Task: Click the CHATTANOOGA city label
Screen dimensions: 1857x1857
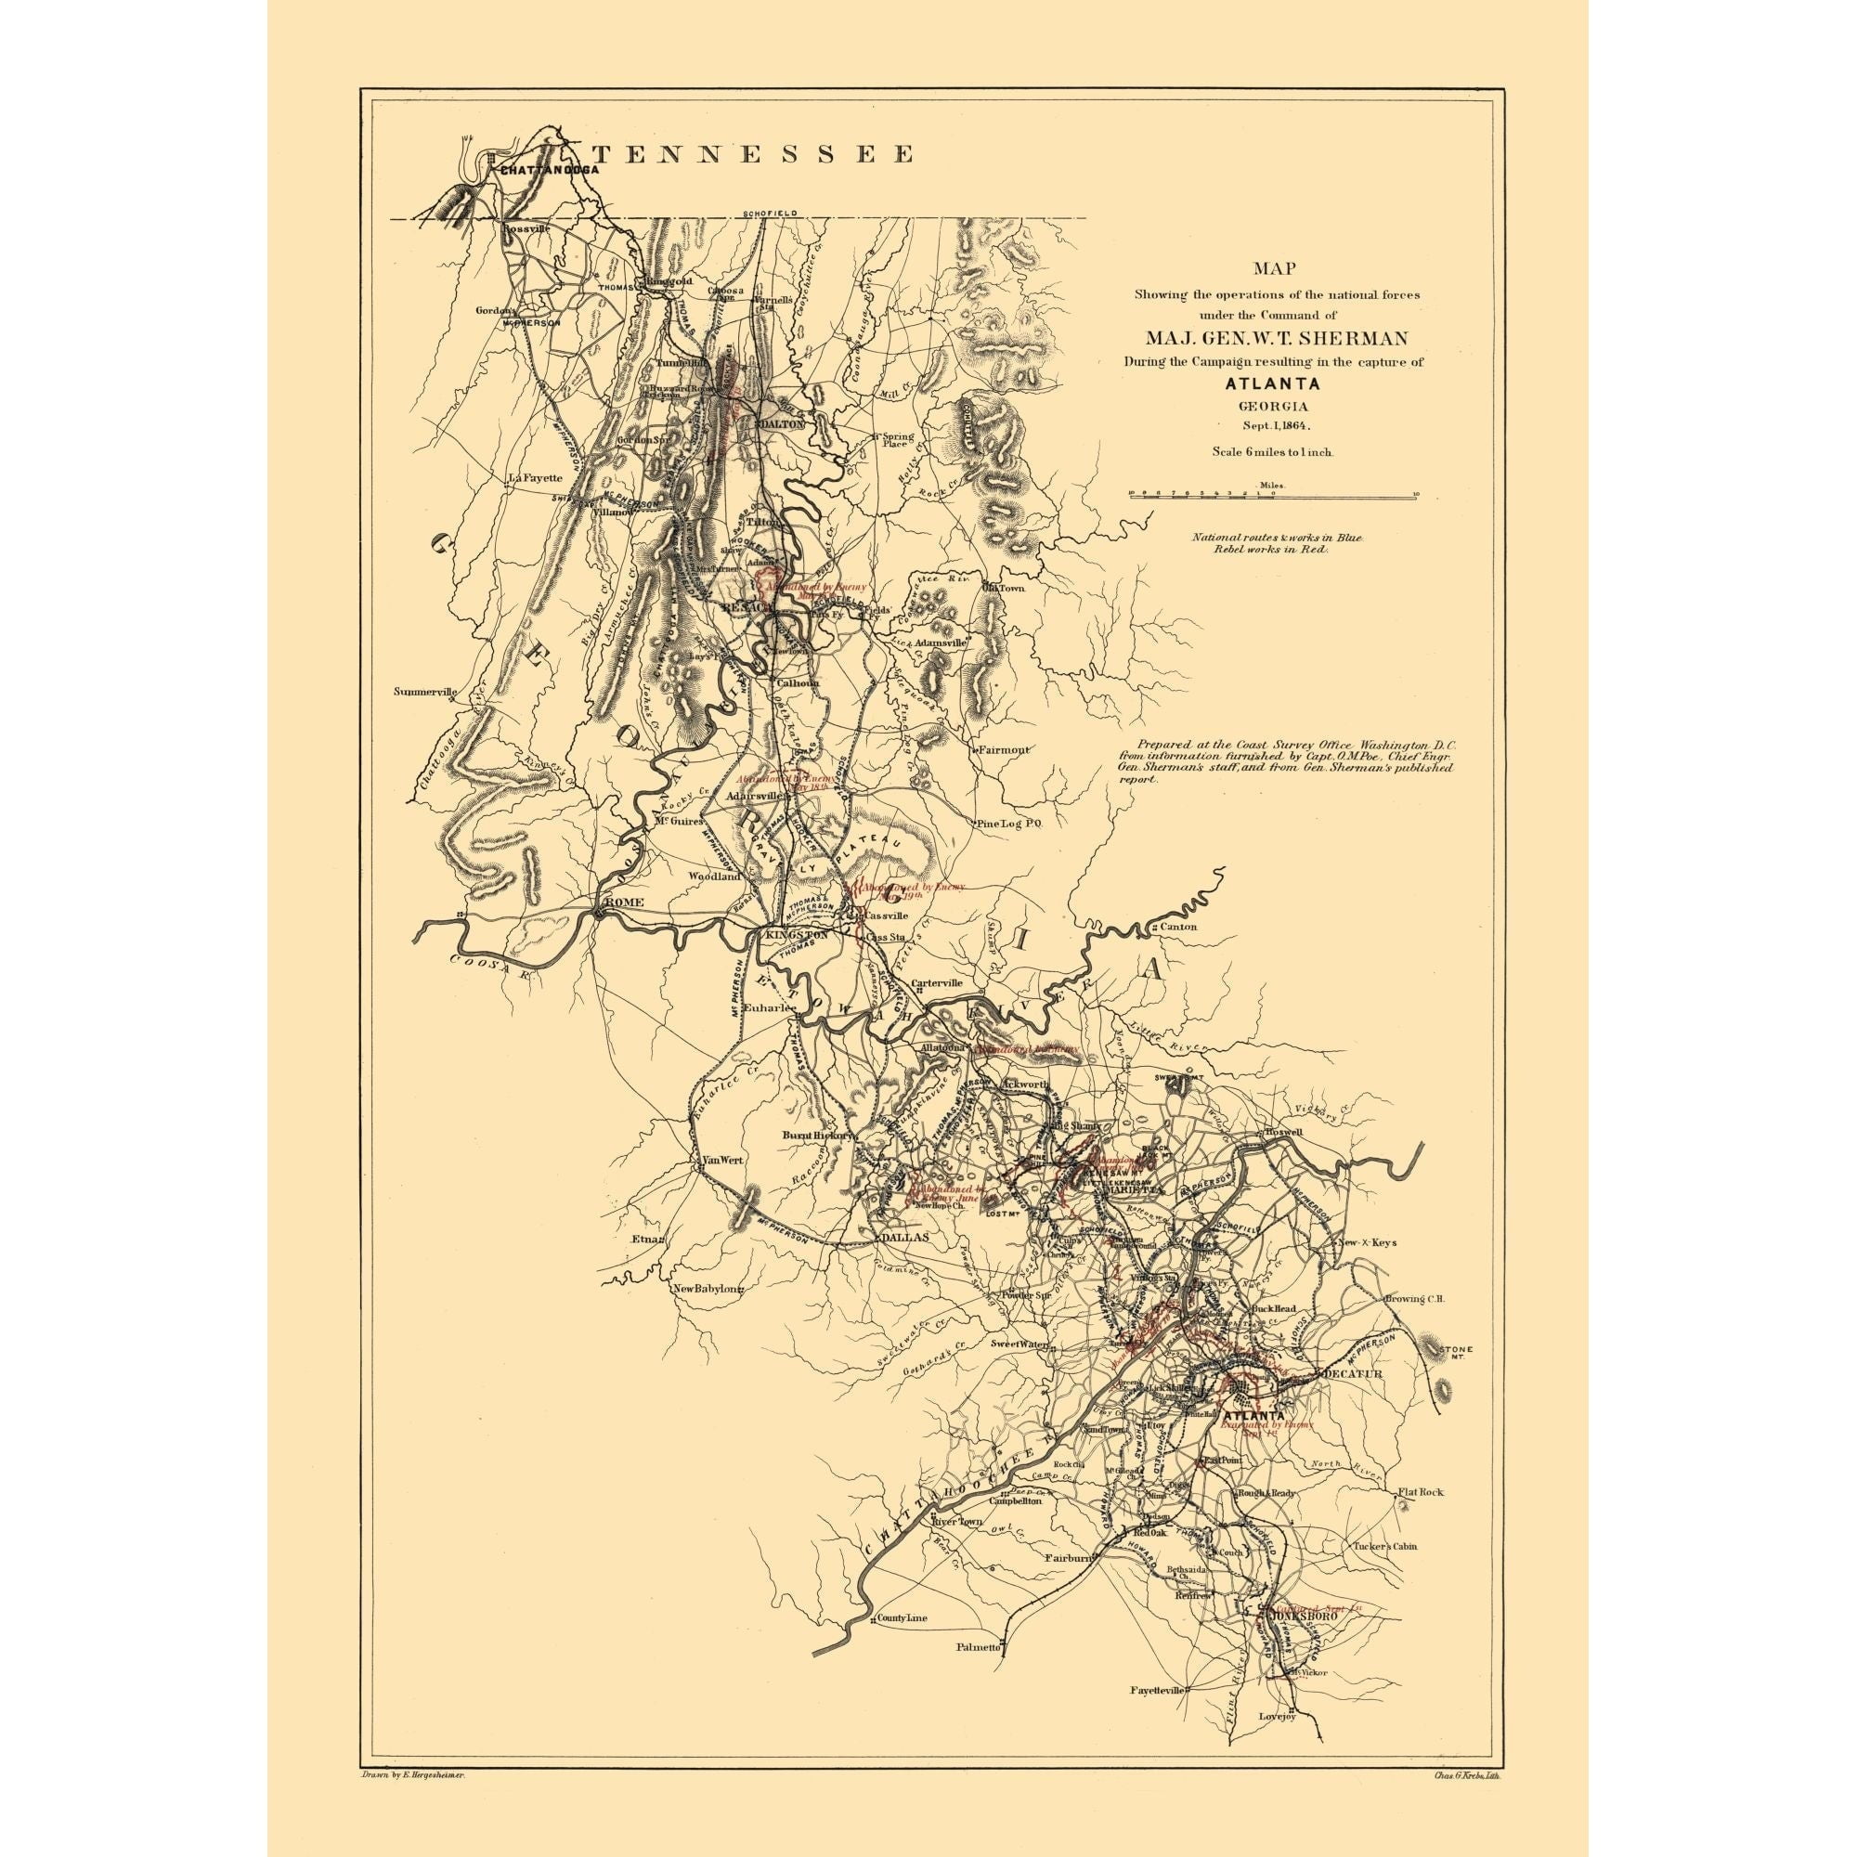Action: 550,169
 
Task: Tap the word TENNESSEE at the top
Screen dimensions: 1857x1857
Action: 752,154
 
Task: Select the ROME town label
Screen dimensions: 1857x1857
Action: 622,903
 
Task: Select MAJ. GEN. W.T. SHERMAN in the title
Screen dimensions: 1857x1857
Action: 1276,338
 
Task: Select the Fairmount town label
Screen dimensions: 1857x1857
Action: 1006,749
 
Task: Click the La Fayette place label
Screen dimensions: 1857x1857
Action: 536,477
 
